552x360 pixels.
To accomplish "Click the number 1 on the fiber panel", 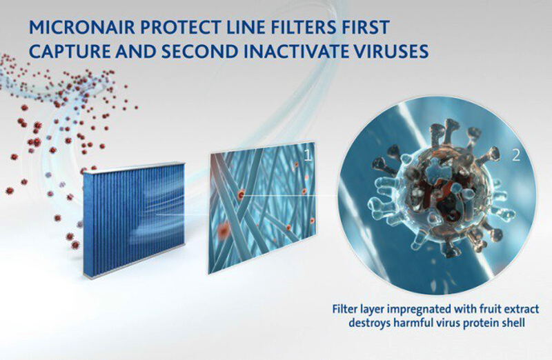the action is pyautogui.click(x=307, y=155).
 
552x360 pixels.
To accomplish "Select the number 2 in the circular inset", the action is pyautogui.click(x=515, y=155).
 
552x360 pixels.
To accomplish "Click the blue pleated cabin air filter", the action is pyautogui.click(x=134, y=219).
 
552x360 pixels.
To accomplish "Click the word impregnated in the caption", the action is pyautogui.click(x=412, y=310).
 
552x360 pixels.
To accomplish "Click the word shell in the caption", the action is pyautogui.click(x=514, y=322).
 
